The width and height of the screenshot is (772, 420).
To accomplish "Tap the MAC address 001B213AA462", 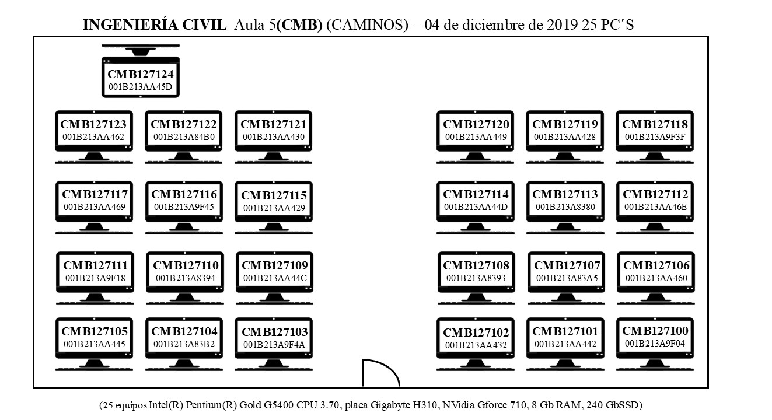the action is (x=93, y=137).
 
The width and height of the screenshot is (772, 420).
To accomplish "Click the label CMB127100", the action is (x=655, y=331).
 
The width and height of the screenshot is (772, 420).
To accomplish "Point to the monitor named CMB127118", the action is (x=655, y=136).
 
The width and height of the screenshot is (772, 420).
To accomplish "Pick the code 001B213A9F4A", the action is (x=274, y=345).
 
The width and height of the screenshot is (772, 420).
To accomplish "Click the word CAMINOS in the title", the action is (x=367, y=25).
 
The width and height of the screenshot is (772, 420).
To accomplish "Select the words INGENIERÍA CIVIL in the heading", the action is (x=155, y=25).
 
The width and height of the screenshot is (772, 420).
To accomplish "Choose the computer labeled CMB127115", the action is (x=274, y=208).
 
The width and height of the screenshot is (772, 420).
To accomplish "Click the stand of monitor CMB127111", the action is (x=95, y=297).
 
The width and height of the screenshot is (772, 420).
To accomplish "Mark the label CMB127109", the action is (x=275, y=265).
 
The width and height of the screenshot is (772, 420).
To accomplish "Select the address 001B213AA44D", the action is (x=476, y=207).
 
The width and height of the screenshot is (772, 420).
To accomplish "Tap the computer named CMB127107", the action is (x=566, y=278).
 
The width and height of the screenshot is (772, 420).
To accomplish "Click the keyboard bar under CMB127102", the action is (x=476, y=370).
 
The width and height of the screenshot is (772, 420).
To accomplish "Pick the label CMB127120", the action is (x=476, y=124).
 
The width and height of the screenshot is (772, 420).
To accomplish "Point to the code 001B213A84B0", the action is (x=184, y=137).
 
